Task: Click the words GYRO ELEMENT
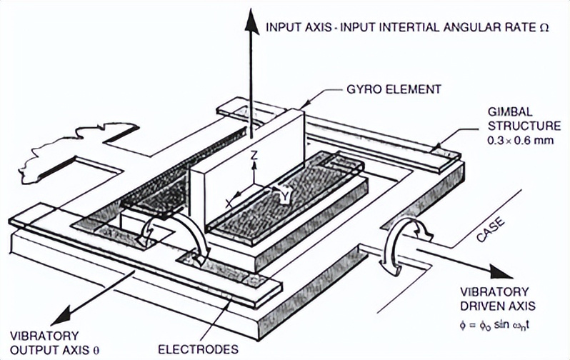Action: point(394,89)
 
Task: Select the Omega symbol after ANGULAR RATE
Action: point(544,28)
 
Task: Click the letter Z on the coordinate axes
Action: point(254,155)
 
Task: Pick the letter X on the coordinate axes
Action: point(229,204)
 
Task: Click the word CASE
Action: point(491,229)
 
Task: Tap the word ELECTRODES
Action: point(198,349)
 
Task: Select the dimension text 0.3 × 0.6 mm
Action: point(521,141)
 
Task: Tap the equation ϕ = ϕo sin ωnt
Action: point(495,324)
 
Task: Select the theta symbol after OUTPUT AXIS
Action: point(96,351)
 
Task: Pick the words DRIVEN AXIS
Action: point(498,306)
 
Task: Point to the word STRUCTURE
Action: point(524,126)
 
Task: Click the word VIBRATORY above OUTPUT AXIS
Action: point(44,336)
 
